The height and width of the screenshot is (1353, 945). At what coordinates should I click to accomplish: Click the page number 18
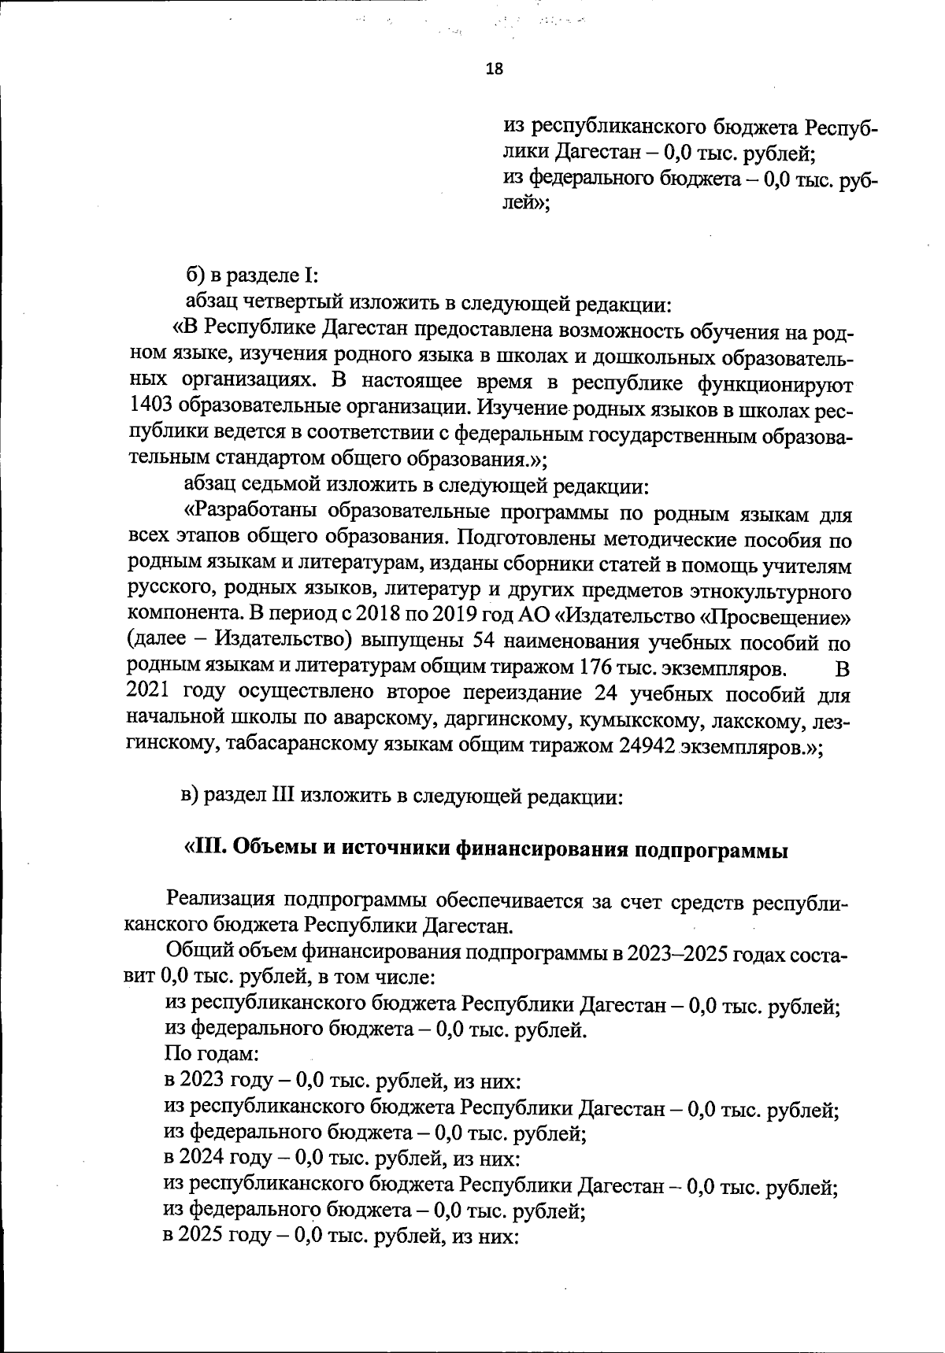495,68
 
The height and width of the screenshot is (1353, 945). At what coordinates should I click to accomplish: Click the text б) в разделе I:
251,276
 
